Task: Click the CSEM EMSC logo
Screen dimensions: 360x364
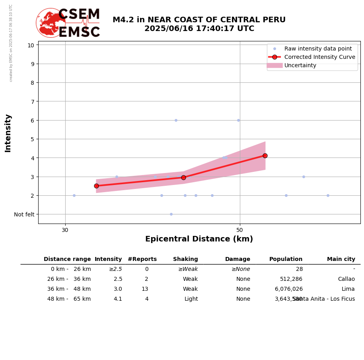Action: point(68,23)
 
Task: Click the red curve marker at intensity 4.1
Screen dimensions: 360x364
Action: point(265,156)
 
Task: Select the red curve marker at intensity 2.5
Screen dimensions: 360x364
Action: point(96,186)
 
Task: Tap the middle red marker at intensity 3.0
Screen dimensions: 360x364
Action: point(183,177)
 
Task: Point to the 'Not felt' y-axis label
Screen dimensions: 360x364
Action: point(24,214)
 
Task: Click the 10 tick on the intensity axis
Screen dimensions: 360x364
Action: point(31,45)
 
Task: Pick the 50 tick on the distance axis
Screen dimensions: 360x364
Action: point(239,230)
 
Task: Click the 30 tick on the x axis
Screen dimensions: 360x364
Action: point(65,230)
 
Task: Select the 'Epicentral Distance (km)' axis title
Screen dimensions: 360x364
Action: point(199,239)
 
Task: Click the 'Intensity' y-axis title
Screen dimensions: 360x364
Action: point(8,133)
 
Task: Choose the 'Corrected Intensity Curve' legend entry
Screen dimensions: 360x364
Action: point(319,57)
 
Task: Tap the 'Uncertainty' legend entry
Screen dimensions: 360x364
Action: point(300,65)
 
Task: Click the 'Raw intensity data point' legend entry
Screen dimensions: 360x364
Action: point(318,49)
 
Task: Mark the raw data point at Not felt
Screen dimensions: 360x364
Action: point(171,214)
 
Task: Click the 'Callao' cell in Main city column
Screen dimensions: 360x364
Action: point(346,279)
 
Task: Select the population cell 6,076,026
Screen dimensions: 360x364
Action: point(288,289)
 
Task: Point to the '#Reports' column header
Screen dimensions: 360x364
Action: point(142,259)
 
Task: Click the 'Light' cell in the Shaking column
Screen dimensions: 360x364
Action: point(191,299)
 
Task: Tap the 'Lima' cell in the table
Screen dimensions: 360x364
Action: point(348,289)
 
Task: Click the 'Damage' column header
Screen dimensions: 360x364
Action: point(237,259)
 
